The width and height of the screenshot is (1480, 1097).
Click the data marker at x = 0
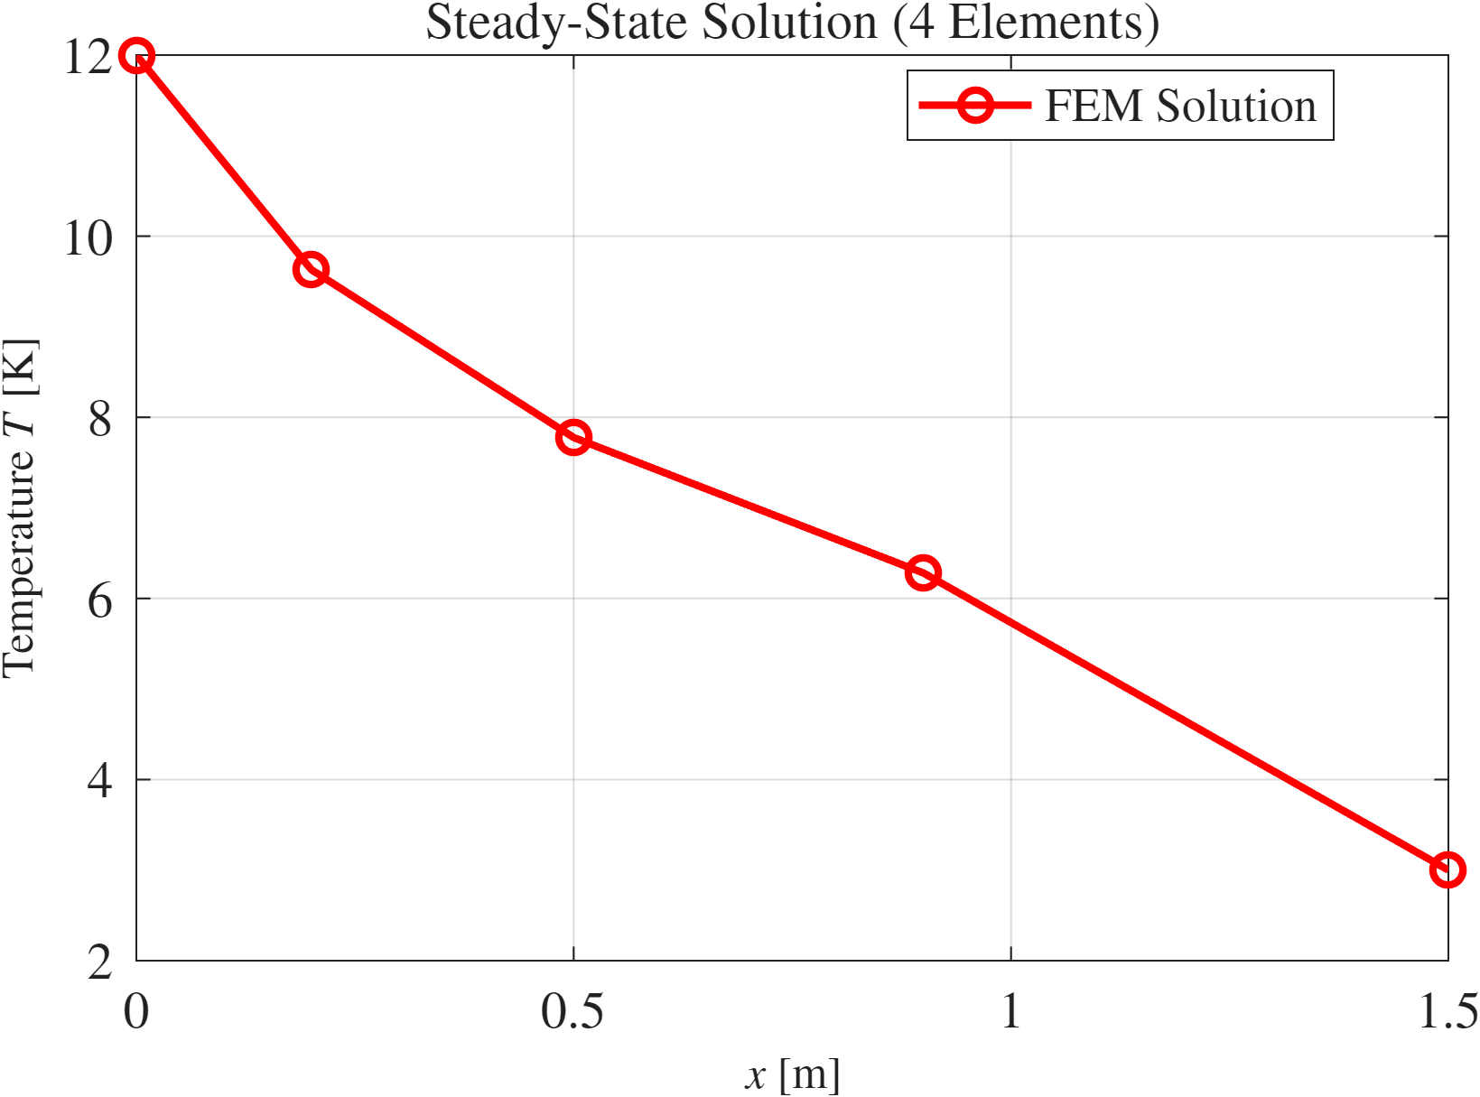[x=136, y=56]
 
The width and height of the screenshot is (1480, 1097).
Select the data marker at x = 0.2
[x=311, y=269]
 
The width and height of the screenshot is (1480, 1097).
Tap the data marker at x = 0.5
[x=573, y=438]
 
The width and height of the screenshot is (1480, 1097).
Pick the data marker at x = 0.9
[x=923, y=572]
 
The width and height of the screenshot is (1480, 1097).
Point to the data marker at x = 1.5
[x=1447, y=869]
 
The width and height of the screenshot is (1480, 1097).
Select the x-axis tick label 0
[x=136, y=1012]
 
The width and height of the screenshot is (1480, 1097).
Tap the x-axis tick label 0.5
[x=572, y=1012]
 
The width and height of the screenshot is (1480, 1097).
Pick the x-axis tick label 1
[x=1010, y=1012]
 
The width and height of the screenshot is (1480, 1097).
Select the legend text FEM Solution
[x=1180, y=107]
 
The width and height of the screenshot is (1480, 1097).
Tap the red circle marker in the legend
[x=975, y=106]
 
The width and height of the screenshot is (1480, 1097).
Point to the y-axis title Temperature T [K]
[x=20, y=507]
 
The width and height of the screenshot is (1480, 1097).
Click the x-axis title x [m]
[x=792, y=1075]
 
